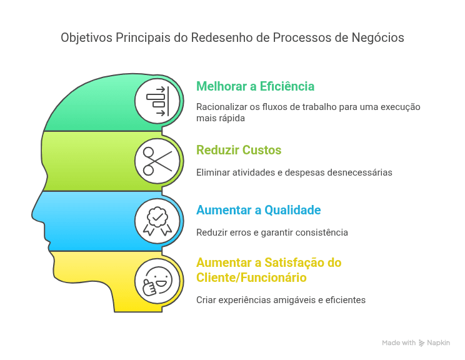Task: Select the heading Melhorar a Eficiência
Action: (256, 86)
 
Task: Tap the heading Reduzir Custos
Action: (239, 150)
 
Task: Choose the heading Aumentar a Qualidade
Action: (259, 210)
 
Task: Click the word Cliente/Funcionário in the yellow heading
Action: (251, 277)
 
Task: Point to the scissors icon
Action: (157, 161)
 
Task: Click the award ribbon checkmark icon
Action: (157, 221)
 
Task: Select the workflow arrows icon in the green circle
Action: (157, 101)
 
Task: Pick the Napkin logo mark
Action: (421, 343)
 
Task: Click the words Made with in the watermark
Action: (399, 342)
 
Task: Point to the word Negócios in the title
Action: (377, 38)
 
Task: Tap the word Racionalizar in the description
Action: (221, 107)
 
